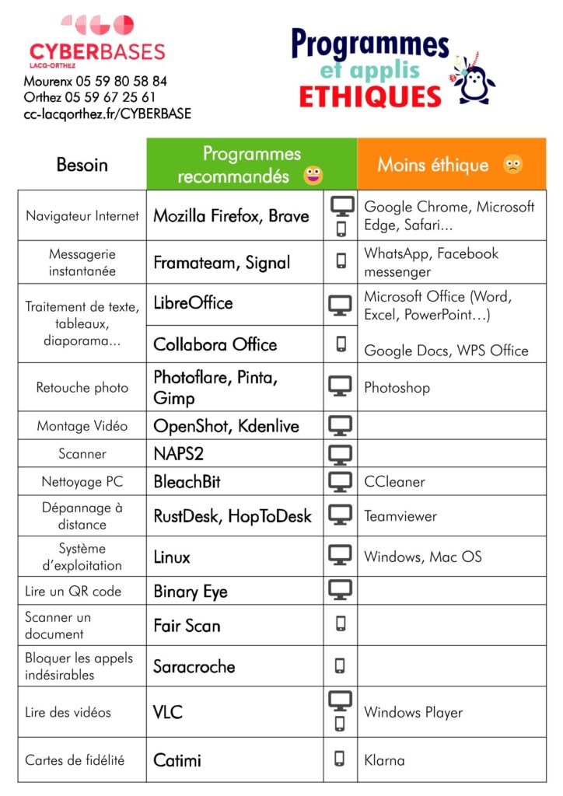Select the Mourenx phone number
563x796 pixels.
[96, 81]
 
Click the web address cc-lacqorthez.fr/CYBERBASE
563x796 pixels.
[107, 113]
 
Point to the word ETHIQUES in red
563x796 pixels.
[370, 96]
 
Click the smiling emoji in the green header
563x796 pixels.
[313, 176]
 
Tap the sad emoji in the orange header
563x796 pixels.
[512, 165]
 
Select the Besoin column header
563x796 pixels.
[82, 165]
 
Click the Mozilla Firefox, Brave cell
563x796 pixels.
[231, 216]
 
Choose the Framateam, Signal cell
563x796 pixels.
[222, 263]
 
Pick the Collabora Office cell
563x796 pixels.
[215, 344]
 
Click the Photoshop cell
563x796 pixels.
[397, 387]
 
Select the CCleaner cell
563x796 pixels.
[394, 482]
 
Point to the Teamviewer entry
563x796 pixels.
[400, 516]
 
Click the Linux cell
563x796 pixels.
[172, 557]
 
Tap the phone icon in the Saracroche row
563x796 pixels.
[340, 666]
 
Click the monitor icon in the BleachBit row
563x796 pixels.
[340, 482]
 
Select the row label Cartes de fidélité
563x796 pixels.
[75, 759]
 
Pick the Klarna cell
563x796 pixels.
[384, 759]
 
